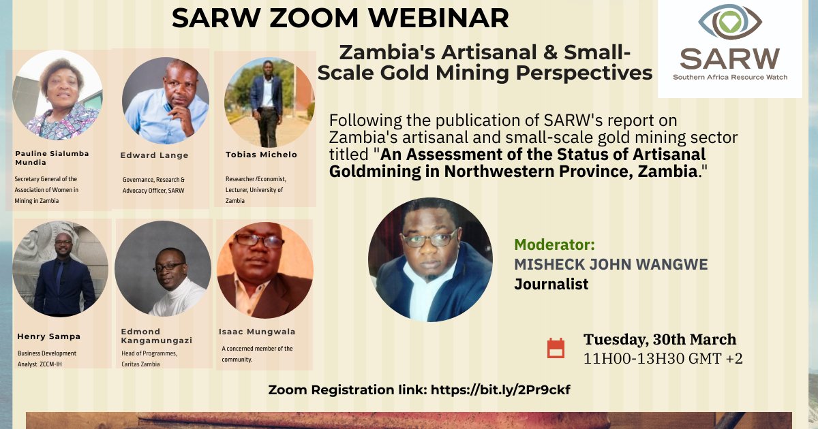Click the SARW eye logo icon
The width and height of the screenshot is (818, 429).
(729, 22)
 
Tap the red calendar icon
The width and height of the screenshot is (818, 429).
(556, 348)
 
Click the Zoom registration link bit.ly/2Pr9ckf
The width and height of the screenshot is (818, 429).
(486, 390)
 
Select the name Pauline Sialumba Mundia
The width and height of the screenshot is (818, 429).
(52, 158)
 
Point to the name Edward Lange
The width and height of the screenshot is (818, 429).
(154, 155)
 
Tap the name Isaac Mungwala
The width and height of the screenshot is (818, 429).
(257, 332)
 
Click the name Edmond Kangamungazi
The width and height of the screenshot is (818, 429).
(156, 335)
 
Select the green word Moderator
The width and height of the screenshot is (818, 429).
(554, 244)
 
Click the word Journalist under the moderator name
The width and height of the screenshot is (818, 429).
(551, 284)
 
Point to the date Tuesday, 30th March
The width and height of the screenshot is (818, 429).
(659, 339)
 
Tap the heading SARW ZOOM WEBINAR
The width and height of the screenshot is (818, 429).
(340, 18)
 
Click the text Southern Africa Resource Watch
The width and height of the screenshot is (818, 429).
(729, 78)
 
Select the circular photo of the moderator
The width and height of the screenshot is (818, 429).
(430, 259)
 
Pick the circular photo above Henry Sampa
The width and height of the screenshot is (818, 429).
(61, 268)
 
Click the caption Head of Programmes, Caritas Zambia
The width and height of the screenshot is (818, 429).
(149, 359)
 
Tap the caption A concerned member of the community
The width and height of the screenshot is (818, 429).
(257, 353)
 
